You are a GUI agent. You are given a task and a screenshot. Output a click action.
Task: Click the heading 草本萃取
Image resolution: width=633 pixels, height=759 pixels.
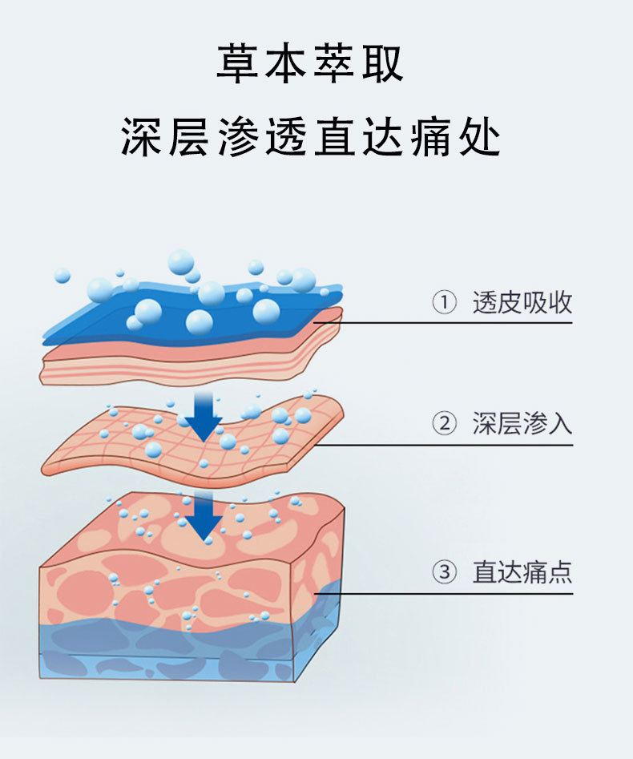310,63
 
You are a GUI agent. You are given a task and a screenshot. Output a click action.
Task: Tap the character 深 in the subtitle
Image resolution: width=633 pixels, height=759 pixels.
140,137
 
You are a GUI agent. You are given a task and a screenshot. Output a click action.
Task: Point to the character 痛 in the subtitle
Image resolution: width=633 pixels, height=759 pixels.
431,137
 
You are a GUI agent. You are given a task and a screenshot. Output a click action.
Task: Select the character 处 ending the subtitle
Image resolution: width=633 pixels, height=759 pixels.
480,137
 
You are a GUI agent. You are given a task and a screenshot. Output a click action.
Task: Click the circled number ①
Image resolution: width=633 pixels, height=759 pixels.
444,302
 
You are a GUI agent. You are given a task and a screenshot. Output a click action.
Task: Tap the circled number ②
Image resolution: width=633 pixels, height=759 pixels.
444,423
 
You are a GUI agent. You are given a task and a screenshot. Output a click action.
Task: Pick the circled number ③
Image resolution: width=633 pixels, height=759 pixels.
444,571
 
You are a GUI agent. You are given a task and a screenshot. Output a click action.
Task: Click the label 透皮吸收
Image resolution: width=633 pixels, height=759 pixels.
522,302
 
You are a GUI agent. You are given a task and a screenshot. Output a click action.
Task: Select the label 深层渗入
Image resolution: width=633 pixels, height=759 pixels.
522,423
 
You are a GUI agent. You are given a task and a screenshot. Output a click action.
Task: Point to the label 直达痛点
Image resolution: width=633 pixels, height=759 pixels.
522,571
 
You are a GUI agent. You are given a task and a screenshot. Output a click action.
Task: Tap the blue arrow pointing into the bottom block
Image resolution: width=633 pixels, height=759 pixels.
204,515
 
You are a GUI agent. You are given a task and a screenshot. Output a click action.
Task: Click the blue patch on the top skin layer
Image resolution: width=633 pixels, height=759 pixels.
194,315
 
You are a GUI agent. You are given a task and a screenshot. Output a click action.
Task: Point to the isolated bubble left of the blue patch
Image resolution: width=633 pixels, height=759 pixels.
62,276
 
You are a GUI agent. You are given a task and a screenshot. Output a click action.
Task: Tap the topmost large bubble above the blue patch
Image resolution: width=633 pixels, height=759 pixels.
181,262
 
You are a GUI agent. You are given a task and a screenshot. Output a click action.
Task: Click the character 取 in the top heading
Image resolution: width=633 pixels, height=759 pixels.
383,63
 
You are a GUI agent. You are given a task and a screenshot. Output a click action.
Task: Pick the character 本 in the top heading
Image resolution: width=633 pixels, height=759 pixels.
285,63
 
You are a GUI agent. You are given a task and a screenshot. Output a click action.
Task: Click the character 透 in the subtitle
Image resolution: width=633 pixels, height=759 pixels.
285,137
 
